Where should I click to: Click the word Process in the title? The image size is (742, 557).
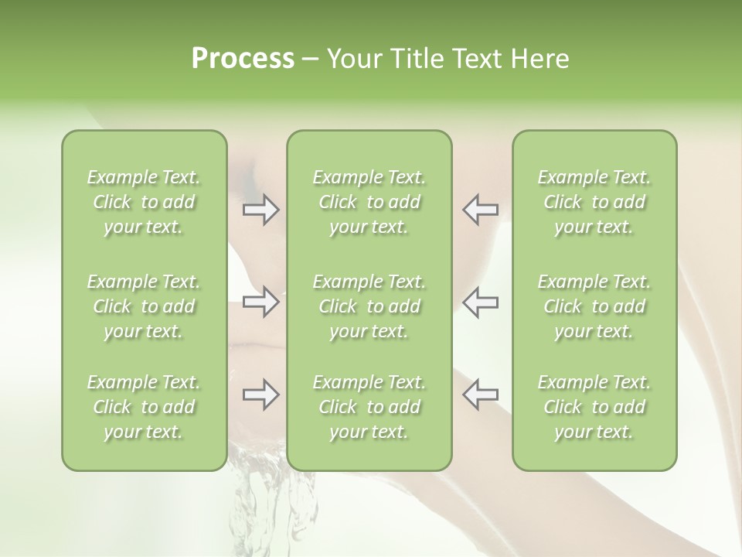click(243, 59)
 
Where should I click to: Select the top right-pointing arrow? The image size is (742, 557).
click(261, 210)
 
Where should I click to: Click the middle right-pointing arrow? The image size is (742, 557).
click(261, 302)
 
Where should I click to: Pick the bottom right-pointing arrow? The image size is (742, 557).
click(261, 395)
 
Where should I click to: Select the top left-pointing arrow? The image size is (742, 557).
click(480, 210)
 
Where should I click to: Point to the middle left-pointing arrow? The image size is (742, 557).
click(480, 302)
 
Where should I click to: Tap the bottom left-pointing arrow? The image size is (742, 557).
click(480, 395)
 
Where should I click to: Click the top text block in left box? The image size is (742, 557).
click(144, 202)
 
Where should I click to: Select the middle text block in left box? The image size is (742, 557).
click(144, 306)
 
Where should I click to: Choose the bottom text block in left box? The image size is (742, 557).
click(144, 407)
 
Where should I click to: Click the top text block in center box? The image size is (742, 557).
click(369, 202)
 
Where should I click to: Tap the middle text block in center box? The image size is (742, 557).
click(369, 306)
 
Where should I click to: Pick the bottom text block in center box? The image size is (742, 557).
click(369, 407)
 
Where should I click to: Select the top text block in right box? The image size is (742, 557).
click(594, 202)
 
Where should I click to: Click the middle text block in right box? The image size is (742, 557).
click(594, 306)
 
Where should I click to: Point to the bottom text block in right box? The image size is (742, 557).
click(594, 407)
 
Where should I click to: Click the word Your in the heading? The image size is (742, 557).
click(355, 59)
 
